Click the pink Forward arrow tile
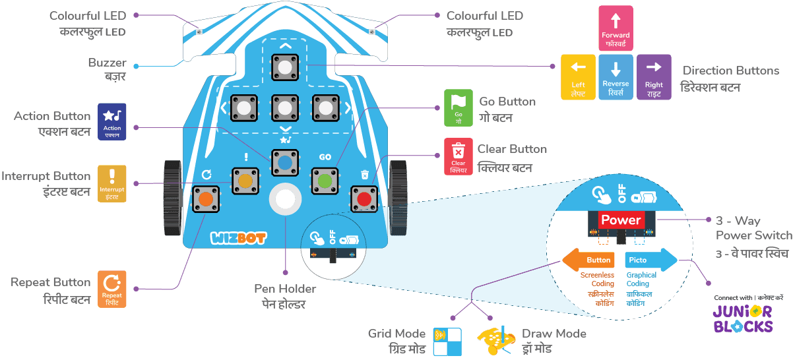tap(615, 28)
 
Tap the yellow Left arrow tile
tap(578, 76)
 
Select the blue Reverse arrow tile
tap(615, 76)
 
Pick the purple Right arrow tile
tap(654, 76)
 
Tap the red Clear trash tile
tap(459, 157)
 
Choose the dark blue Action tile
tap(112, 121)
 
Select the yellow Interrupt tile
tap(111, 183)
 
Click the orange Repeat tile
tap(111, 289)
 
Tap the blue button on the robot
tap(285, 163)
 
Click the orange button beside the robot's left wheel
tap(206, 198)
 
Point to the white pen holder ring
tap(285, 198)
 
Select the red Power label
tap(621, 220)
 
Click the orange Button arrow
tap(588, 260)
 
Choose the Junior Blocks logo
tap(742, 316)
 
